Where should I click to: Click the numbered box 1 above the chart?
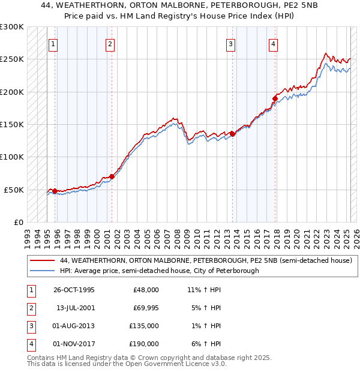click(53, 43)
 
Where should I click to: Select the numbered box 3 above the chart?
click(230, 43)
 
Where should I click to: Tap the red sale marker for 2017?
click(275, 98)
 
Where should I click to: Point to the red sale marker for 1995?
click(55, 191)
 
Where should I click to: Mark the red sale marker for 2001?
click(112, 176)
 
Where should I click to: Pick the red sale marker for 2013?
click(232, 134)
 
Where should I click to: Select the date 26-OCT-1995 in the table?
click(74, 290)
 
